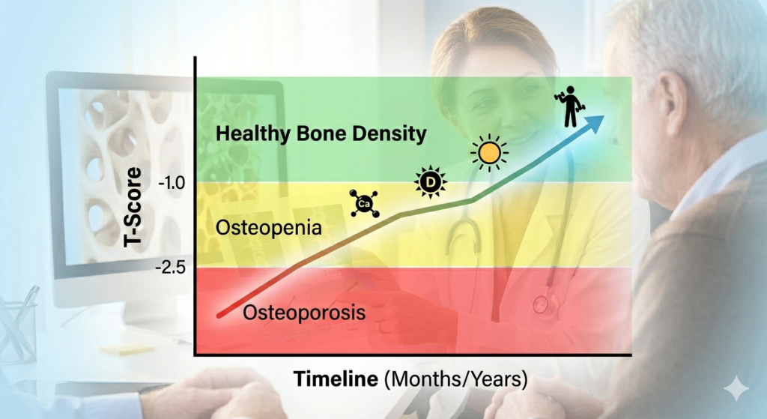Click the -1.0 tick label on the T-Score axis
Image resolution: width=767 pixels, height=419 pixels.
[172, 183]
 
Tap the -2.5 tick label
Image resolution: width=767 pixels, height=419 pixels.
[171, 268]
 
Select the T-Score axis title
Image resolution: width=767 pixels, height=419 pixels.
[133, 207]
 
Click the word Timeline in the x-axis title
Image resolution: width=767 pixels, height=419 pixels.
[336, 379]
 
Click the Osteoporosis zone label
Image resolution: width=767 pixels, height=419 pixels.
[304, 313]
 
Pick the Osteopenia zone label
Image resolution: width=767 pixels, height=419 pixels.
[269, 228]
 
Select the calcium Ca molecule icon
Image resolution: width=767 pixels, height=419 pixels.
[365, 203]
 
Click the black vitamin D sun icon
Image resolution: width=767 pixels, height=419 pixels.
[431, 183]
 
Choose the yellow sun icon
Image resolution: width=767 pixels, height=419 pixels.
[489, 153]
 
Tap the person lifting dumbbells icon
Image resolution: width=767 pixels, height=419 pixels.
[569, 106]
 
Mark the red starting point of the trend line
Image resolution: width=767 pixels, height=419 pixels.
[219, 316]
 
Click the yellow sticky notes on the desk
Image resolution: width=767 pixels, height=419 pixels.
[126, 349]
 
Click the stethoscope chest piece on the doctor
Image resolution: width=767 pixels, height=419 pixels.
[541, 304]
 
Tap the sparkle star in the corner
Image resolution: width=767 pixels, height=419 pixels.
[736, 389]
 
